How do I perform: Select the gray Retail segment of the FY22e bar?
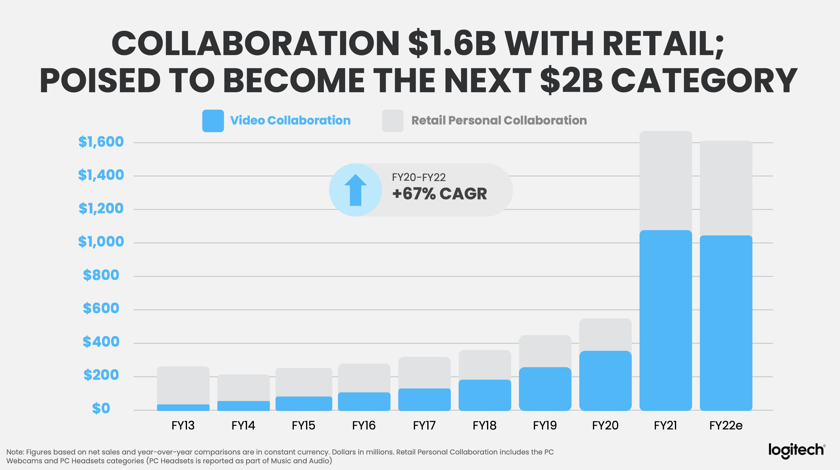[x=726, y=188]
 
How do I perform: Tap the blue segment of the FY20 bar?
[x=605, y=381]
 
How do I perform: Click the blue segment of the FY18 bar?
[x=485, y=395]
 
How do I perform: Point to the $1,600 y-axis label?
[x=101, y=142]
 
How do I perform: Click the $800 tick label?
[x=101, y=275]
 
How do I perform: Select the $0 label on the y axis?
[x=101, y=409]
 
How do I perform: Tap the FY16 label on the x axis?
[x=364, y=425]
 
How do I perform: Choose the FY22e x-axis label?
[x=726, y=425]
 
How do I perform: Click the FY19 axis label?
[x=545, y=425]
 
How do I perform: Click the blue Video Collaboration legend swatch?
[x=213, y=121]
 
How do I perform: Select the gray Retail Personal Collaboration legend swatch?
[x=393, y=121]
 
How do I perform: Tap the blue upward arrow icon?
[x=355, y=190]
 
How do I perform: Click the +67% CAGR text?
[x=439, y=194]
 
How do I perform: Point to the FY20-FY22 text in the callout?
[x=419, y=177]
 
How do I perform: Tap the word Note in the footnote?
[x=14, y=452]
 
